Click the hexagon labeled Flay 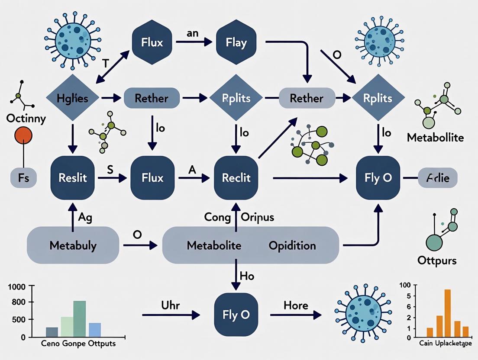coord(236,42)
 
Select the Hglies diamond coord(72,98)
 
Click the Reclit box coord(236,177)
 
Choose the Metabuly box coord(73,245)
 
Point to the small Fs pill coord(24,178)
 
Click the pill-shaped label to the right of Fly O coord(437,178)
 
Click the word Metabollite coord(435,138)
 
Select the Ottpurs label coord(437,260)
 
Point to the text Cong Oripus coord(239,217)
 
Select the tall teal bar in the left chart coord(79,318)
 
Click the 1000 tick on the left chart coord(17,286)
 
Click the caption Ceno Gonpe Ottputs coord(79,344)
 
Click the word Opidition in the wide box coord(292,245)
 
